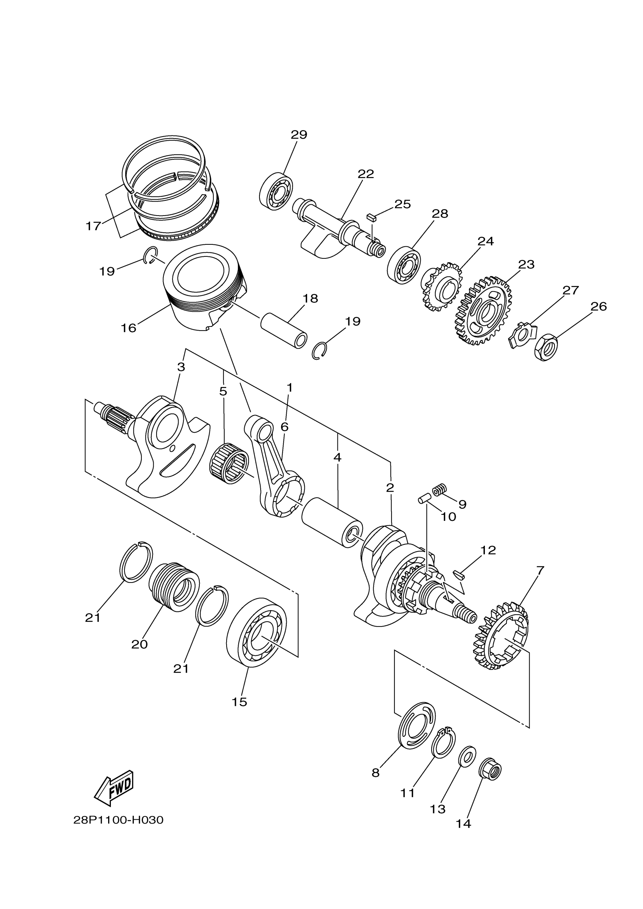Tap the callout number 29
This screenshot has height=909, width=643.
tap(299, 135)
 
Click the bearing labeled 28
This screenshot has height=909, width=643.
tap(404, 265)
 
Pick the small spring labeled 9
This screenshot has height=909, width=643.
tap(439, 490)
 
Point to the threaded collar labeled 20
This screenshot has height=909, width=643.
tap(174, 586)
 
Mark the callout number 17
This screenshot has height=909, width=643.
tap(93, 226)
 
